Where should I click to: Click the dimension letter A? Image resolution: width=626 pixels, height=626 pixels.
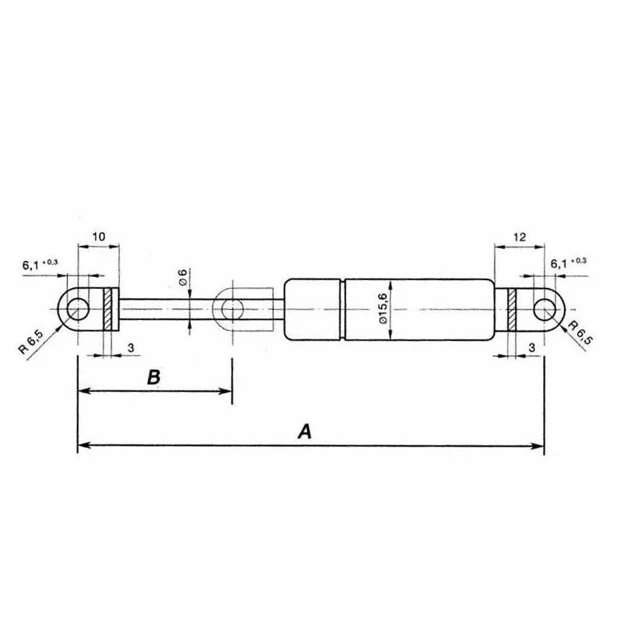click(x=304, y=432)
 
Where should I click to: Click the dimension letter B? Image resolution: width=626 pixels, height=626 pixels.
click(x=153, y=377)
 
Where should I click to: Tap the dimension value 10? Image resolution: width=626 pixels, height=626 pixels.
click(x=99, y=237)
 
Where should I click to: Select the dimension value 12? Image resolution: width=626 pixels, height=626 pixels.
click(x=519, y=237)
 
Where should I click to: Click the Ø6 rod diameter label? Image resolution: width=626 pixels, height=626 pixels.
click(x=182, y=277)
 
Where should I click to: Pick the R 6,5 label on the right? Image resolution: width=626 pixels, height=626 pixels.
click(x=580, y=333)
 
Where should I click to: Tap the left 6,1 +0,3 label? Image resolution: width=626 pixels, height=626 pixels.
click(x=40, y=264)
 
